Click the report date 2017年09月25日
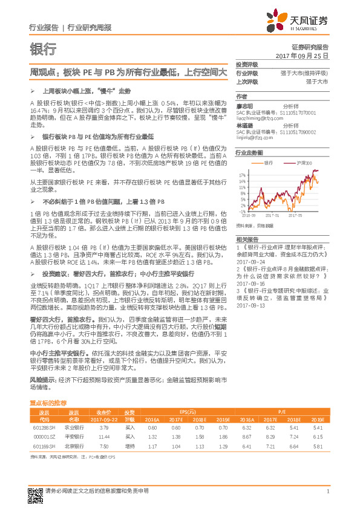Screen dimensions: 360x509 coord(306,55)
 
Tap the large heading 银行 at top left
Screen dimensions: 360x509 coord(43,49)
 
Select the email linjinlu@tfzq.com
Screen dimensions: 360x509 coord(254,137)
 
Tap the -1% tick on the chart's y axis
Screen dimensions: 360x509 coord(240,211)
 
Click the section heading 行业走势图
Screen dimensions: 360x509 coord(249,153)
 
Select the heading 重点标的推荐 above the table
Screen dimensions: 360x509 coord(48,402)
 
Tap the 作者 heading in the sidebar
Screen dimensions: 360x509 coord(241,97)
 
